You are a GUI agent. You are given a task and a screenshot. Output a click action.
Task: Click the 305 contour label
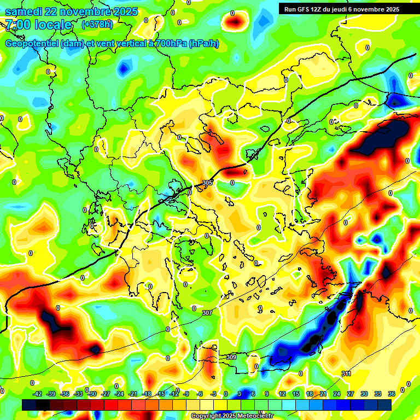pyautogui.click(x=207, y=183)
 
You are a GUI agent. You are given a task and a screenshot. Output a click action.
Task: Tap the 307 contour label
pyautogui.click(x=207, y=313)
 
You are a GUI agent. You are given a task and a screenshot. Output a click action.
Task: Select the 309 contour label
pyautogui.click(x=231, y=357)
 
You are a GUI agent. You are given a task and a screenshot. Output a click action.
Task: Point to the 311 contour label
pyautogui.click(x=346, y=374)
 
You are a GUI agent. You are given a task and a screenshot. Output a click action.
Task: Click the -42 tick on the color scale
pyautogui.click(x=38, y=394)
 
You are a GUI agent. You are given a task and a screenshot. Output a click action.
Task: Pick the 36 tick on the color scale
pyautogui.click(x=391, y=394)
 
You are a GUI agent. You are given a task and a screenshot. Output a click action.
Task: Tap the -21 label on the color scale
pyautogui.click(x=133, y=394)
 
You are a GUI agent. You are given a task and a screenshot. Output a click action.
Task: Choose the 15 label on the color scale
pyautogui.click(x=296, y=394)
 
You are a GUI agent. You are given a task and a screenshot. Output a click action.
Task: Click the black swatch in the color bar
pyautogui.click(x=43, y=404)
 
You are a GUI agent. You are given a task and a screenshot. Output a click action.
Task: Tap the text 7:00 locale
pyautogui.click(x=38, y=25)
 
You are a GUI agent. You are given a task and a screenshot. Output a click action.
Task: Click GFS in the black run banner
pyautogui.click(x=302, y=9)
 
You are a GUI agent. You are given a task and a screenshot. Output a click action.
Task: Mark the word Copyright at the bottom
pyautogui.click(x=207, y=416)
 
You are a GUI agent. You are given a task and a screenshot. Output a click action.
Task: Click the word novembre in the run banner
pyautogui.click(x=366, y=9)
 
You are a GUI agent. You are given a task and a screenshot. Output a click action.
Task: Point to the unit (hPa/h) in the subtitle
pyautogui.click(x=203, y=44)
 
